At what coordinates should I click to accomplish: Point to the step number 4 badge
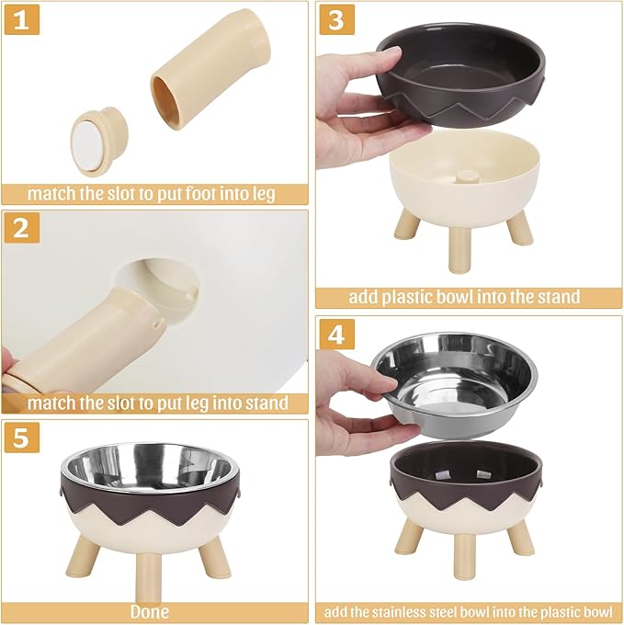(336, 334)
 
